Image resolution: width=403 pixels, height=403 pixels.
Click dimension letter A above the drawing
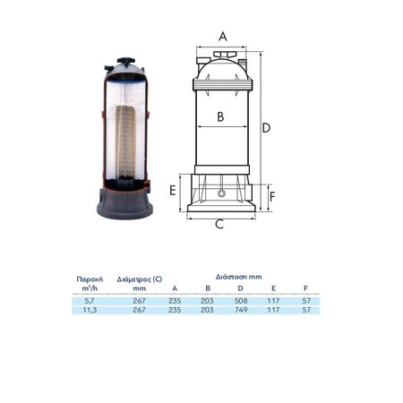223,37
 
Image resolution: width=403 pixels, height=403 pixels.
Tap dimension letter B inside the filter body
220,116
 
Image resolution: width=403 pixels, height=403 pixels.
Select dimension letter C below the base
219,224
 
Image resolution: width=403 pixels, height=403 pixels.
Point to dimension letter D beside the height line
266,128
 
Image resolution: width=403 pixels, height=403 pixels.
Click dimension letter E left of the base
173,191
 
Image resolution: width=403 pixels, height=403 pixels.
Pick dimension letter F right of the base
272,197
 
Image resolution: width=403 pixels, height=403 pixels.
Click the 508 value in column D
241,301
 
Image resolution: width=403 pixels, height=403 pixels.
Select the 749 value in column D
241,310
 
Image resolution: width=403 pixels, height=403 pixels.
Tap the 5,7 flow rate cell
90,301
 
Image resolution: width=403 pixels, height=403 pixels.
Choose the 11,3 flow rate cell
90,310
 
